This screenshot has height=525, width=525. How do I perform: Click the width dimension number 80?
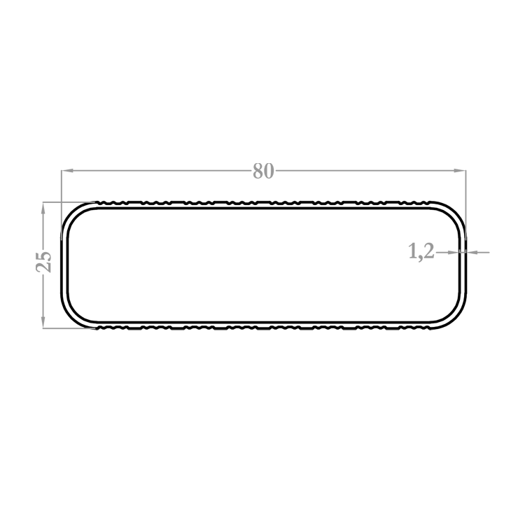pyautogui.click(x=263, y=171)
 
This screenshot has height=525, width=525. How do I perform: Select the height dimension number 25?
pyautogui.click(x=44, y=262)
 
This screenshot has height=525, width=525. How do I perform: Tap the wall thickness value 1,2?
pyautogui.click(x=421, y=251)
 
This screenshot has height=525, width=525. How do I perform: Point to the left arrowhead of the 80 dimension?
pyautogui.click(x=67, y=171)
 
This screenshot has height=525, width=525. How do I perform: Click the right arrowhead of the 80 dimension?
pyautogui.click(x=460, y=171)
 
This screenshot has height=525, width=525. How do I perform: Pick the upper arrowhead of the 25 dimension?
pyautogui.click(x=43, y=209)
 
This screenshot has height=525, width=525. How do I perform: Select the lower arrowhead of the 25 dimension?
pyautogui.click(x=43, y=323)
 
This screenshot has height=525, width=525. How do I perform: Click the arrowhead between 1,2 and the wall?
pyautogui.click(x=453, y=252)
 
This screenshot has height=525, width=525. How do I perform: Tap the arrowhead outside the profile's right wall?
pyautogui.click(x=472, y=252)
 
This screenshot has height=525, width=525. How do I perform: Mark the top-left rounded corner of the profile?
pyautogui.click(x=72, y=213)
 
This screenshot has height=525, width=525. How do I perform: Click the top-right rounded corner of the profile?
pyautogui.click(x=455, y=213)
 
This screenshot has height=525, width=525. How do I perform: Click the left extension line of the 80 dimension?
pyautogui.click(x=62, y=204)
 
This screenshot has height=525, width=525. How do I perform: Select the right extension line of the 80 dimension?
pyautogui.click(x=465, y=204)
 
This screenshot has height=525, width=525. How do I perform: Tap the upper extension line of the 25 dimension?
pyautogui.click(x=69, y=202)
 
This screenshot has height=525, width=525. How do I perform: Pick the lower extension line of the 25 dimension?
pyautogui.click(x=69, y=328)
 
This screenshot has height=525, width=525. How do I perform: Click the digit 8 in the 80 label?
pyautogui.click(x=258, y=171)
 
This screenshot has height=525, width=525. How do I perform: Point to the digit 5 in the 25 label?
pyautogui.click(x=44, y=256)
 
